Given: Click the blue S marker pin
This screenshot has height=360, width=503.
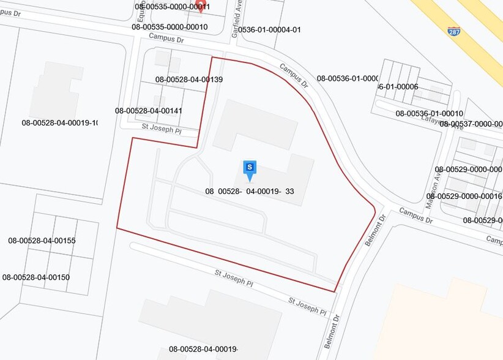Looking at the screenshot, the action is [250, 169].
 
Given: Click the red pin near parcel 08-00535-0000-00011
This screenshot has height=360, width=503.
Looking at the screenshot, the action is [200, 7].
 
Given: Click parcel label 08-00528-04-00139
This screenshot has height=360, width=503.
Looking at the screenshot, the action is [188, 80].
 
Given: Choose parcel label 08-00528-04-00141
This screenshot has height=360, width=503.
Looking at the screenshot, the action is [148, 111].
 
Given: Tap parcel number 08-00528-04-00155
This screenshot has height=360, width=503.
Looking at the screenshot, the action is [42, 241].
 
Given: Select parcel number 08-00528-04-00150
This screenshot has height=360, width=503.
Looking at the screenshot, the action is [36, 277].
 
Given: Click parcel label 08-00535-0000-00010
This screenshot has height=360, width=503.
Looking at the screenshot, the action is [170, 27].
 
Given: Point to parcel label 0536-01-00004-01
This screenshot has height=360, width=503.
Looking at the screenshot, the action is [269, 29].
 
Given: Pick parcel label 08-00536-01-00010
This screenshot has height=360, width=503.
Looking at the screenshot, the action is [429, 113].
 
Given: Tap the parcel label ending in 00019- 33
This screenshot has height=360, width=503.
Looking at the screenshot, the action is [250, 191].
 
